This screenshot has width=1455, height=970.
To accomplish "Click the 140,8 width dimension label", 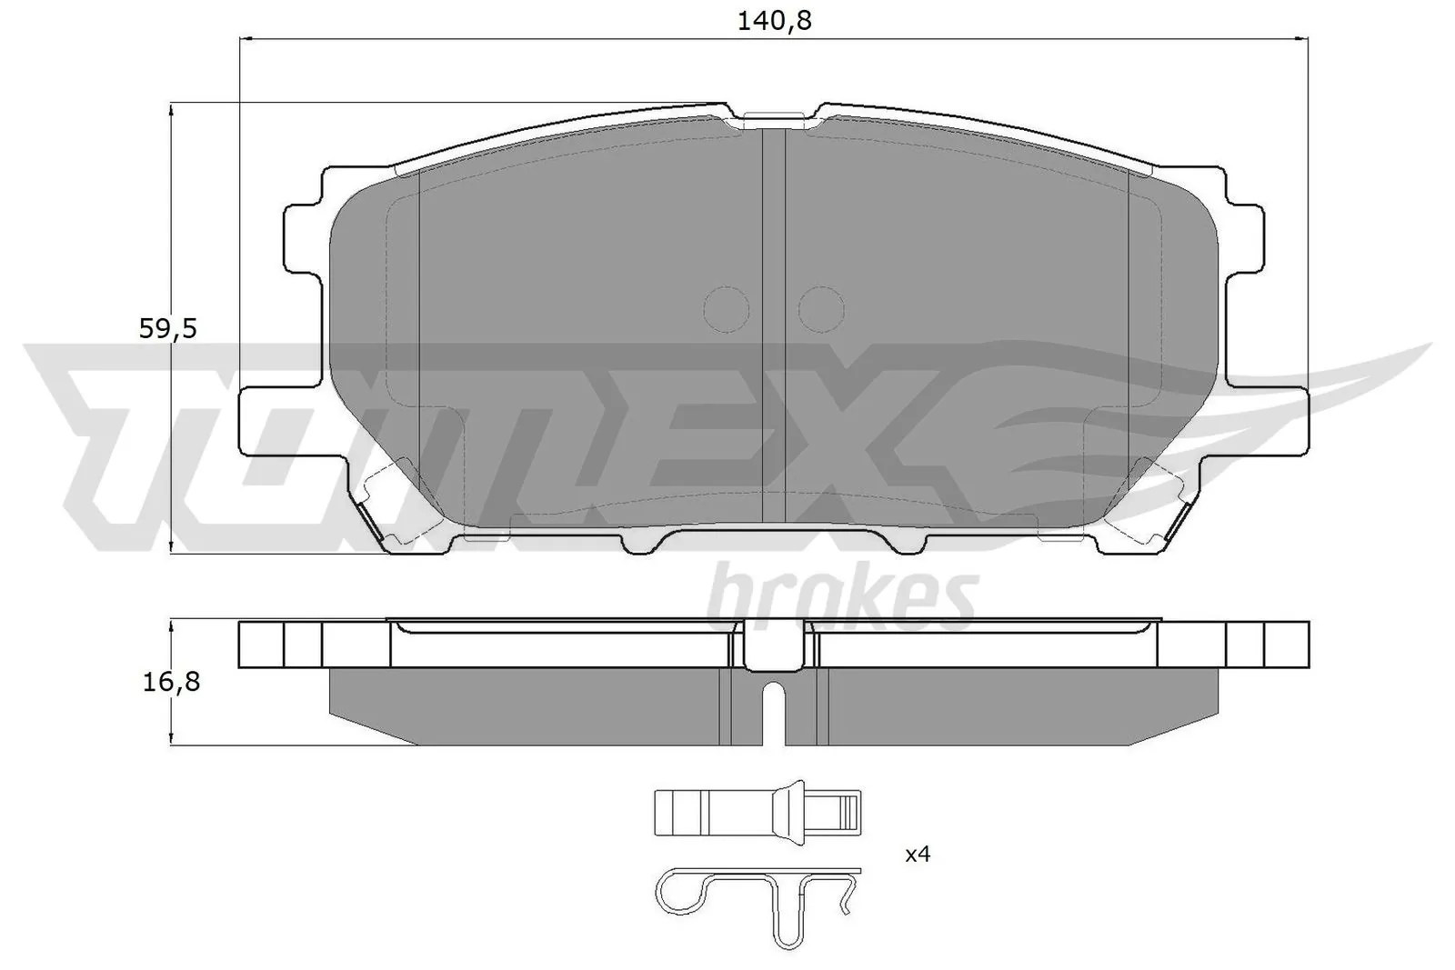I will pyautogui.click(x=774, y=21).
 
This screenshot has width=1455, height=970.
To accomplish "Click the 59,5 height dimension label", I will pyautogui.click(x=168, y=329).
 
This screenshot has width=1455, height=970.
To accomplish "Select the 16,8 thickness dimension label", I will pyautogui.click(x=170, y=682).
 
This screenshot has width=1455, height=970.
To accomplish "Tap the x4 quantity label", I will pyautogui.click(x=918, y=855).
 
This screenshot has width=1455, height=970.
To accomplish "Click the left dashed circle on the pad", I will pyautogui.click(x=727, y=309).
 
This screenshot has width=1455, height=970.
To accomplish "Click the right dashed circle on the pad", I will pyautogui.click(x=821, y=309).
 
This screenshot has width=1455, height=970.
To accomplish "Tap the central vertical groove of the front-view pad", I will pyautogui.click(x=772, y=327).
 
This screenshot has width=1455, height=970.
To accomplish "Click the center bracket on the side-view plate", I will pyautogui.click(x=773, y=642).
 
